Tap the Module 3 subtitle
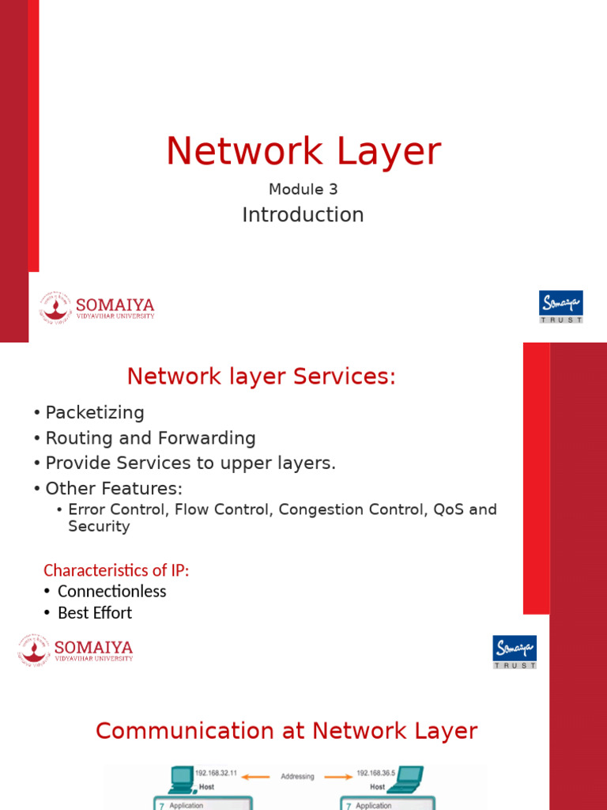pos(303,190)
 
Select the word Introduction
pos(303,215)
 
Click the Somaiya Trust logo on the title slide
pos(560,306)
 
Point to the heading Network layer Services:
pos(261,377)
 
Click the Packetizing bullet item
pos(95,413)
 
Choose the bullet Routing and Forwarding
pos(150,438)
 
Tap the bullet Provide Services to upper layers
pos(190,464)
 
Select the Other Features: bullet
pos(114,489)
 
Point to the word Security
pos(99,527)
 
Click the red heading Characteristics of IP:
pos(116,570)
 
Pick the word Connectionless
pos(111,592)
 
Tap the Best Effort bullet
pos(95,613)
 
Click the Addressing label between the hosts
pos(297,777)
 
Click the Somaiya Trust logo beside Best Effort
pos(515,651)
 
